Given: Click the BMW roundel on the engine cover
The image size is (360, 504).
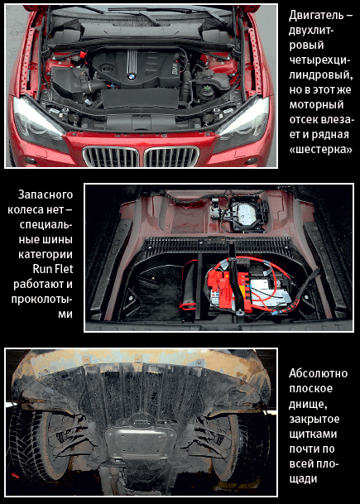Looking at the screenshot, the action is click(132, 77).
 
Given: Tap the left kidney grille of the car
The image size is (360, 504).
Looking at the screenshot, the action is click(111, 156).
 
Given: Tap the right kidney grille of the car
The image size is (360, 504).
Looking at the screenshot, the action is click(171, 156).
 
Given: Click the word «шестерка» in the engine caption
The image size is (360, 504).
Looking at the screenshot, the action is click(320, 149).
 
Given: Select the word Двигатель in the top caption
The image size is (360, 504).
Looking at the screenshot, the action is click(317, 16).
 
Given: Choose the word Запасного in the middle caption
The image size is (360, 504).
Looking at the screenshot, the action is click(46, 194).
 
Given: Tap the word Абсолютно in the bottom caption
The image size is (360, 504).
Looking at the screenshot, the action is click(318, 373).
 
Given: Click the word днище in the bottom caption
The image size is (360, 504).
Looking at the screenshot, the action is click(308, 405).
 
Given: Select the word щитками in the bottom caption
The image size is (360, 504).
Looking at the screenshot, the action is click(313, 434).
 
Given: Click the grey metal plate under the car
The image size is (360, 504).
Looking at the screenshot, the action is click(141, 439).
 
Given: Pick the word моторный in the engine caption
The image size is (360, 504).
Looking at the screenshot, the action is click(316, 105).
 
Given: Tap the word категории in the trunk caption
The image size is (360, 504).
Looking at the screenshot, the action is click(46, 254).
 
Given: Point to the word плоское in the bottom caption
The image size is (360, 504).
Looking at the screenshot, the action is click(310, 389).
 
